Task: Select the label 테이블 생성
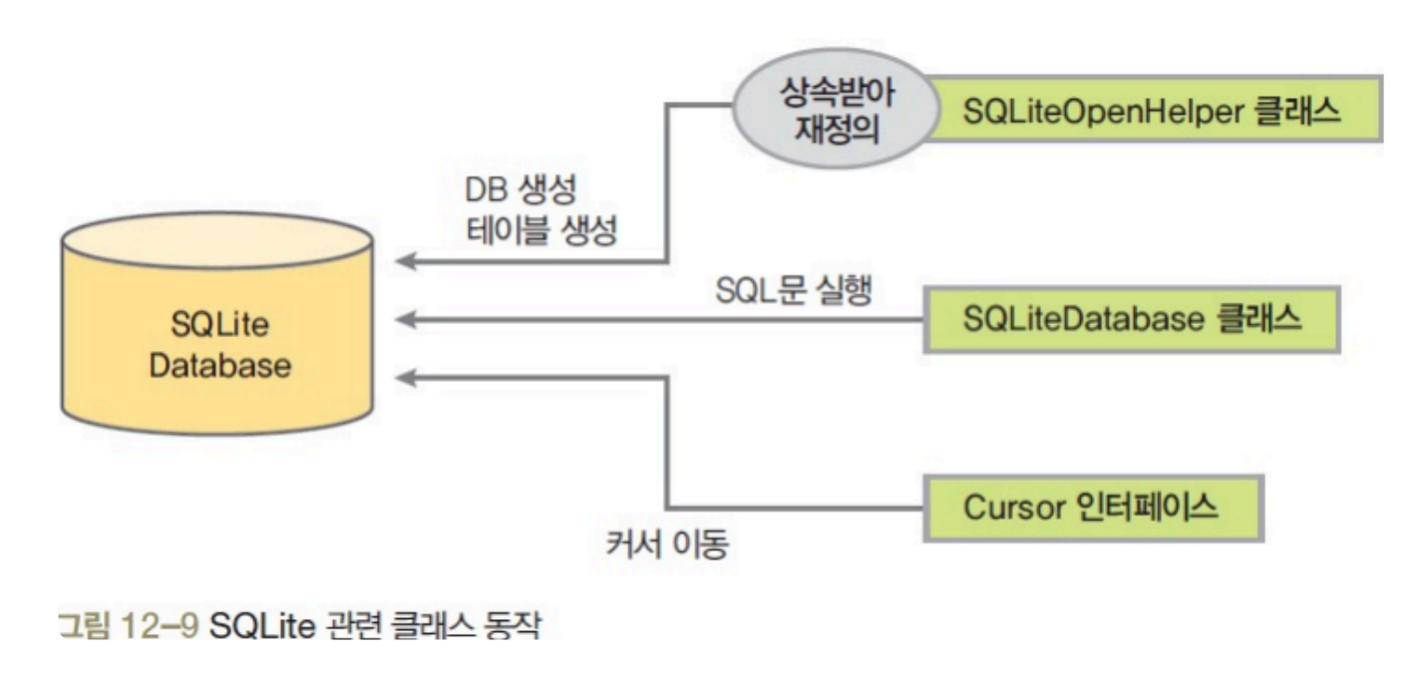click(542, 231)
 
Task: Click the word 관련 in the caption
click(350, 627)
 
